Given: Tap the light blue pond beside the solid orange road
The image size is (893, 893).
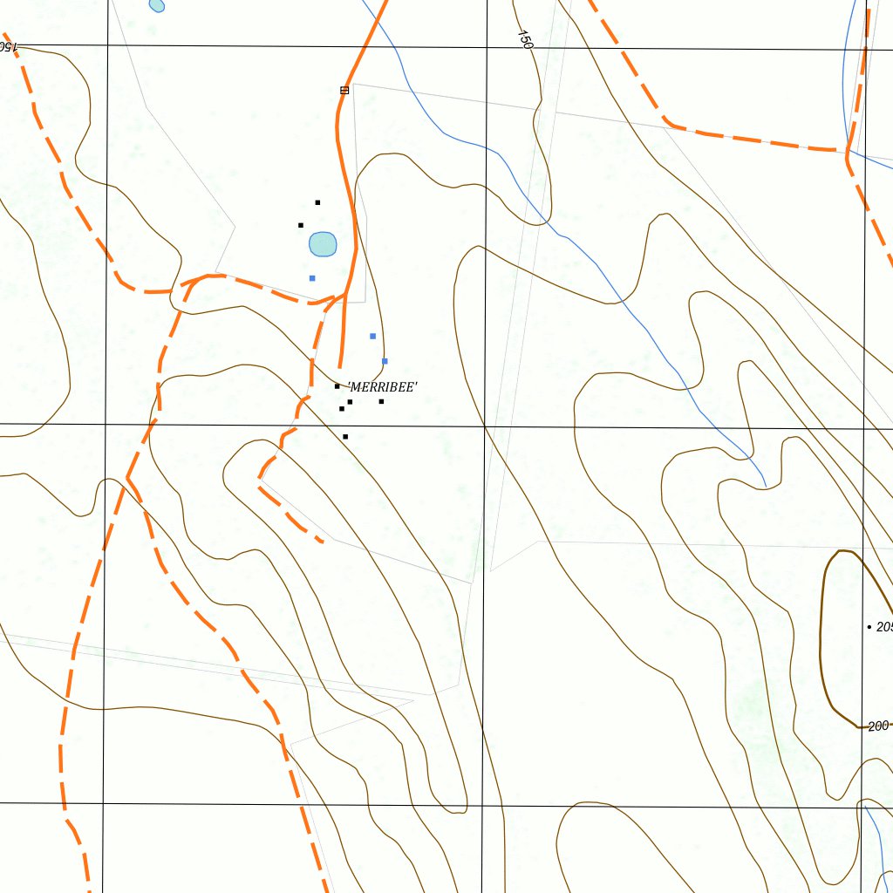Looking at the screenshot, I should pos(323,244).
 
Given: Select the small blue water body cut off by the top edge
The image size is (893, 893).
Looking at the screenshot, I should pos(157,4).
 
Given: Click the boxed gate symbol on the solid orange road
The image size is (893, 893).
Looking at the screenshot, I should pos(344,90).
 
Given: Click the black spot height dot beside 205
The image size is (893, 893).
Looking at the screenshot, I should pos(869,627).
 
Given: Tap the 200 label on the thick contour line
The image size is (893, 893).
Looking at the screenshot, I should pos(878,726).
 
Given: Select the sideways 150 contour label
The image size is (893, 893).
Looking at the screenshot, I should pos(524,39).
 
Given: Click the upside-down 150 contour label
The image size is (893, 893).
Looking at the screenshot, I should pos(7,46).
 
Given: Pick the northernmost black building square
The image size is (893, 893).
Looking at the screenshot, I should pos(317,202).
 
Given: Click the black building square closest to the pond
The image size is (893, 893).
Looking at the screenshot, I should pos(301,225).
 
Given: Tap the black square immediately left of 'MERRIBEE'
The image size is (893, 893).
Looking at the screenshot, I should pos(337,386).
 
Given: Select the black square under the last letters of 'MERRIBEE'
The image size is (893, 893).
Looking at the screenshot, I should pos(381,401).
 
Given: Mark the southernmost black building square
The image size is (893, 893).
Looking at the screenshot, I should pos(345,436).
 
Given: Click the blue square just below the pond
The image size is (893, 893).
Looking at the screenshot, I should pos(312,278).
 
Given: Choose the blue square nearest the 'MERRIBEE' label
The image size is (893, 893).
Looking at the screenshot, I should pos(385,361).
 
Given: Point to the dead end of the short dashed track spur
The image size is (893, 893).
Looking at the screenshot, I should pos(323,542).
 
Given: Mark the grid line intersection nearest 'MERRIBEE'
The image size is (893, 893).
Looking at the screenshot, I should pos(485,427).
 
